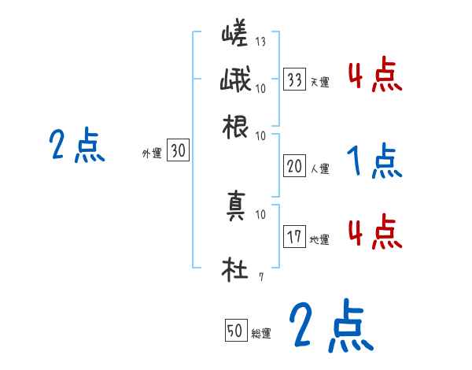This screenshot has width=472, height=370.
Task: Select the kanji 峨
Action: (x=235, y=82)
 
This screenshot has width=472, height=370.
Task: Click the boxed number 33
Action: (x=295, y=79)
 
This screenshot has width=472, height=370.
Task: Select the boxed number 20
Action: (x=295, y=165)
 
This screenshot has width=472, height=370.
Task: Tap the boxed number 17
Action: (x=295, y=237)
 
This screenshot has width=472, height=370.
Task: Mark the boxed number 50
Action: (x=234, y=331)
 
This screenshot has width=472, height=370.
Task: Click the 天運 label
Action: (x=319, y=81)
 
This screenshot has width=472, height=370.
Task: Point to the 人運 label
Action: (x=319, y=168)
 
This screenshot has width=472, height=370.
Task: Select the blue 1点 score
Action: (x=374, y=162)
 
